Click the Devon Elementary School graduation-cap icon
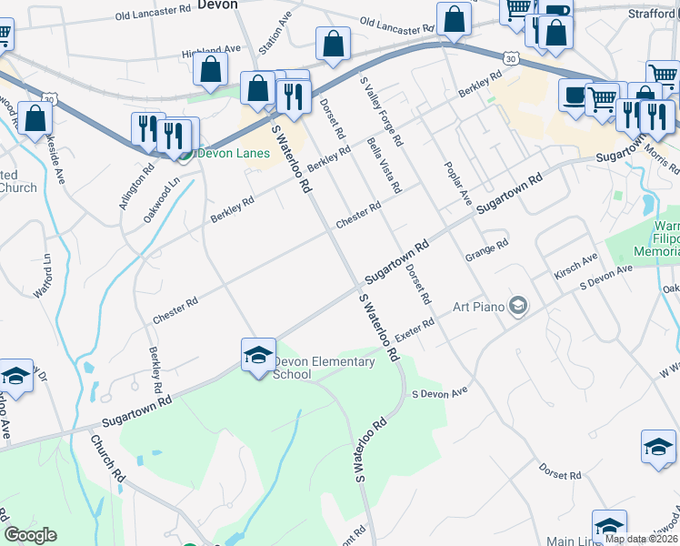point(258,354)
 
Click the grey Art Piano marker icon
point(518,306)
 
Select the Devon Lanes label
point(234,153)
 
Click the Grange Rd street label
point(485,248)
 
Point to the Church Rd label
point(107,457)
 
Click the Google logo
point(30,535)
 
